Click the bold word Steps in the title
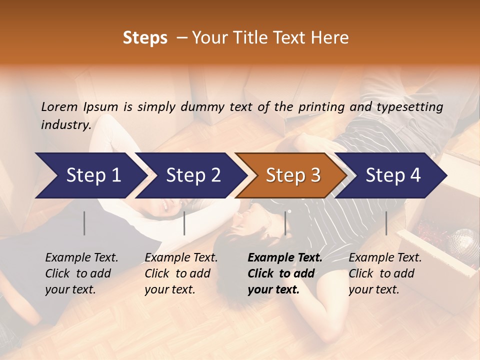coord(145,37)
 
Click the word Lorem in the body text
coord(59,106)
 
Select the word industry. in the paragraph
coord(66,124)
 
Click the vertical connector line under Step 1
coord(84,223)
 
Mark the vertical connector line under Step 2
coord(184,223)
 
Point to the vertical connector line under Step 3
coord(285,223)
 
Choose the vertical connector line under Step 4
coord(386,223)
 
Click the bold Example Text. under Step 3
coord(285,258)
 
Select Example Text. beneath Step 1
coord(81,258)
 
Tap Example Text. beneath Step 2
coord(181,258)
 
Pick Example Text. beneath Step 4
coord(385,258)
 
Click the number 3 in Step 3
coord(314,175)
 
